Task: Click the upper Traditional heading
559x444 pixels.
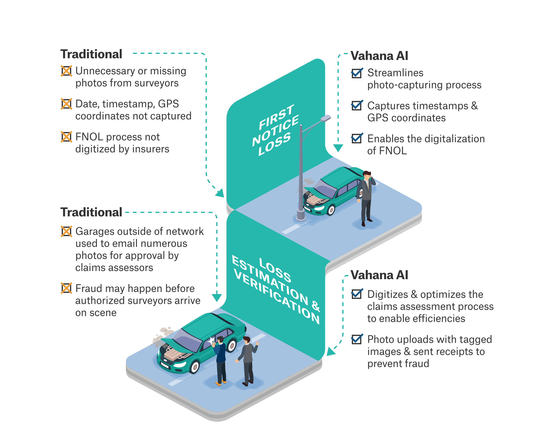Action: (x=91, y=54)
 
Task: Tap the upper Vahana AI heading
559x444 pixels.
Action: (x=379, y=56)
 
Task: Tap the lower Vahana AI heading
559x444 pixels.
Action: (x=379, y=275)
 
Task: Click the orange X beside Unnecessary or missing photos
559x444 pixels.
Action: (x=66, y=71)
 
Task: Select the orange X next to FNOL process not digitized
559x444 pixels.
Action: (x=66, y=137)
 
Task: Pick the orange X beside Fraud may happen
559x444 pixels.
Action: (x=66, y=288)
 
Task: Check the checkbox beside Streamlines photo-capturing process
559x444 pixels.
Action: (x=357, y=73)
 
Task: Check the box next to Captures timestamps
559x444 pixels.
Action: (x=357, y=105)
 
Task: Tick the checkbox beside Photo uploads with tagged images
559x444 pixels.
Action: (x=357, y=339)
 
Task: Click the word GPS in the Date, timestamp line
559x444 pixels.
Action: (x=168, y=104)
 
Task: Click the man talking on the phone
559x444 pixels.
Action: (x=366, y=197)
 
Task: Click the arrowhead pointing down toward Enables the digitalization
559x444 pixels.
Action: (x=338, y=148)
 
